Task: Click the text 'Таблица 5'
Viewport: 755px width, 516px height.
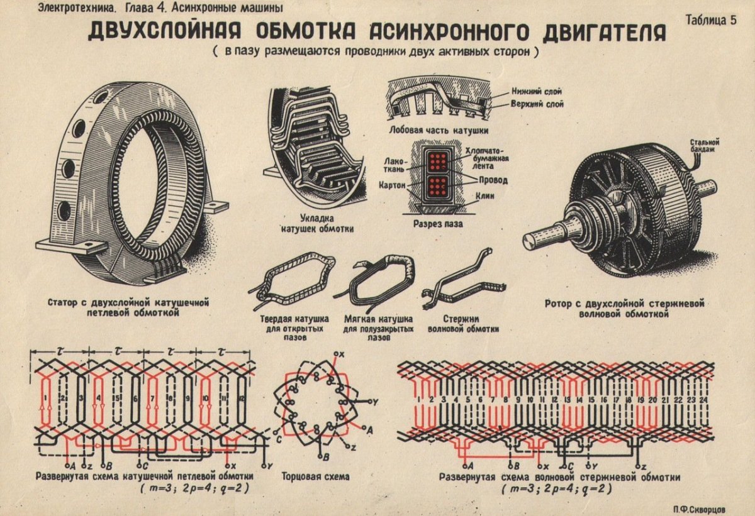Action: [711, 19]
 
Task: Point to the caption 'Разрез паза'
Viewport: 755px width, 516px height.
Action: [439, 223]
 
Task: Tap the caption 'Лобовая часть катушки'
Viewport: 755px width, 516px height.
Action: [439, 130]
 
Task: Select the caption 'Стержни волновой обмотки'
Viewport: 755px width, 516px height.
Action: [462, 324]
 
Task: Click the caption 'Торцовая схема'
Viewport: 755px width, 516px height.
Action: [315, 477]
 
